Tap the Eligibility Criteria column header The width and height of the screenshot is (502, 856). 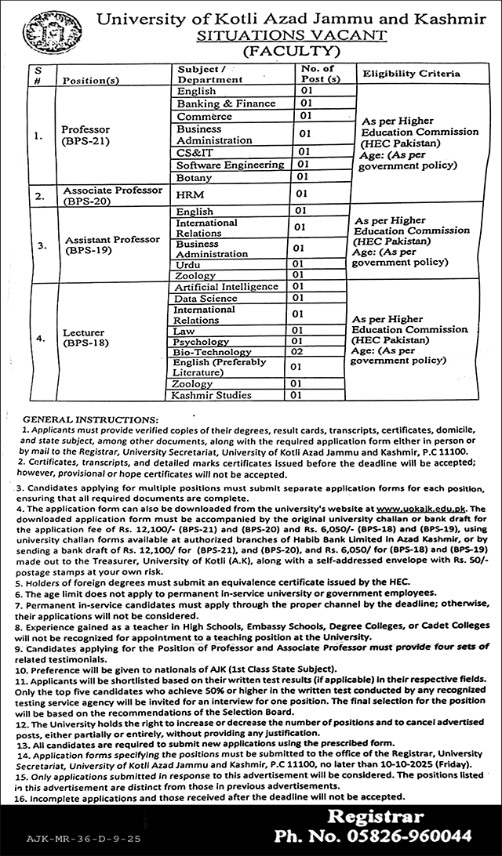pyautogui.click(x=409, y=74)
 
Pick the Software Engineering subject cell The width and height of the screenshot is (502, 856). pyautogui.click(x=230, y=165)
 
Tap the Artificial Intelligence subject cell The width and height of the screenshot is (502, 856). pyautogui.click(x=227, y=287)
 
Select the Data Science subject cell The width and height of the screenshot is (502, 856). pyautogui.click(x=206, y=299)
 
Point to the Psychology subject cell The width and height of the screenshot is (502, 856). pyautogui.click(x=202, y=342)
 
